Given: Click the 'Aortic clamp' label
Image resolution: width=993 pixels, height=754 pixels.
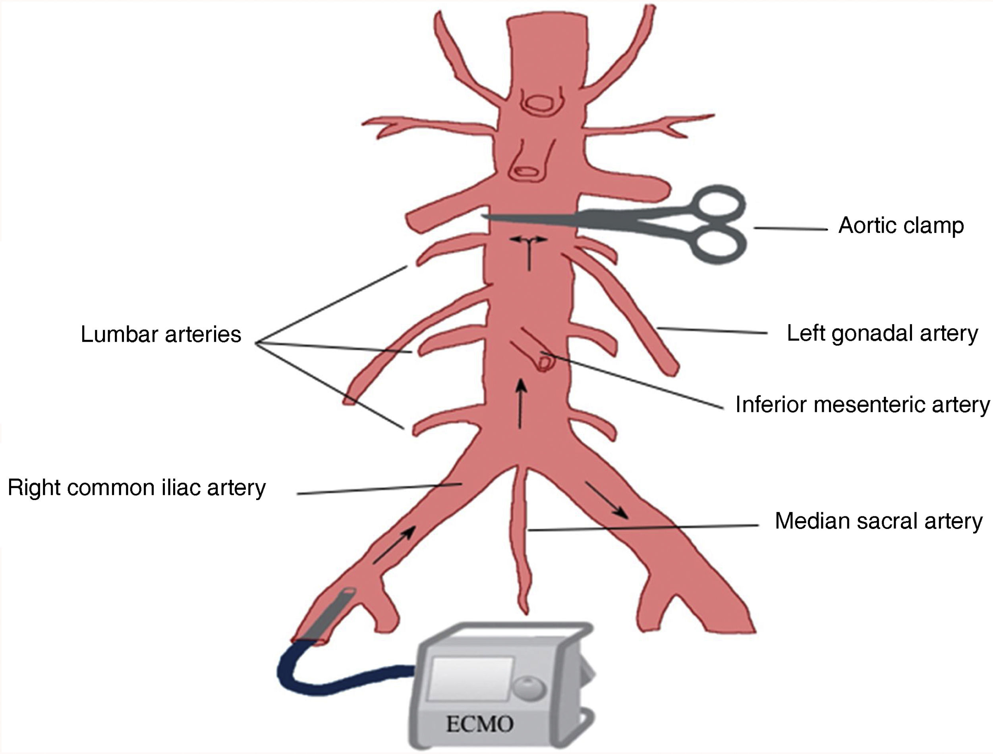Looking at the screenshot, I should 901,226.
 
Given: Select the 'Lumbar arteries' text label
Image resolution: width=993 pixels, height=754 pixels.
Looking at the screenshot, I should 161,335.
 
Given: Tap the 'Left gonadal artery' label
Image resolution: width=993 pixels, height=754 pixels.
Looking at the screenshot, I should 882,333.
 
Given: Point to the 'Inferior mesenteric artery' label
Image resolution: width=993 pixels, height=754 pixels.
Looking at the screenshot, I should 862,404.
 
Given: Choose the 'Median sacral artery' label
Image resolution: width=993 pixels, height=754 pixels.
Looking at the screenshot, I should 879,521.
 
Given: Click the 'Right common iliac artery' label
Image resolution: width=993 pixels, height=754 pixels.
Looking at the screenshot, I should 137,487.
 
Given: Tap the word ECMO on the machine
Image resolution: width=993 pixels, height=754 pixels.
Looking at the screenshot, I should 480,723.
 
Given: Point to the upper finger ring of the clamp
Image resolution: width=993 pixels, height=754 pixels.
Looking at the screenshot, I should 718,206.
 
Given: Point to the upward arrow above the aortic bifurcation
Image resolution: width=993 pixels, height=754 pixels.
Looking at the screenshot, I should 520,404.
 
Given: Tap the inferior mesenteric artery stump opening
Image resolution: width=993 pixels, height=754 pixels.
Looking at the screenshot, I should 544,361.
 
